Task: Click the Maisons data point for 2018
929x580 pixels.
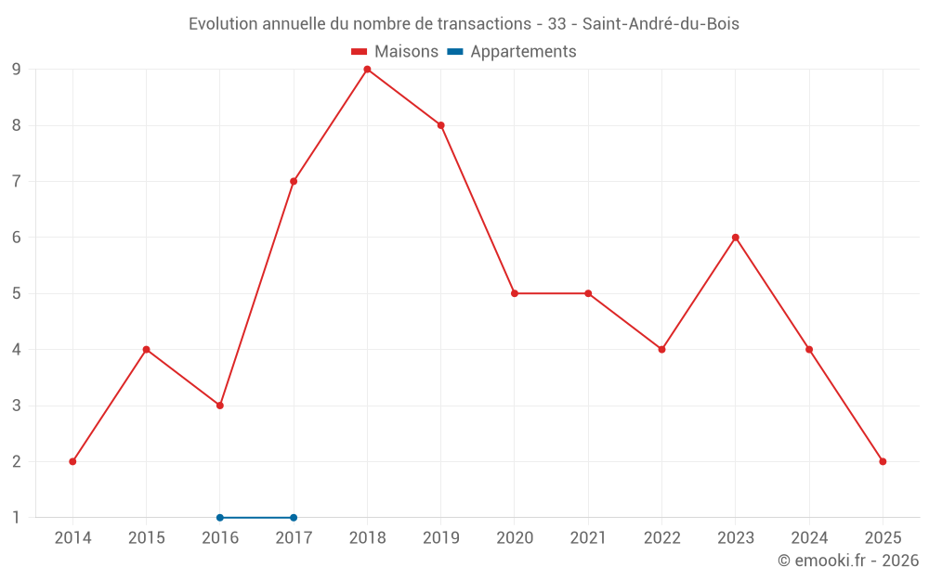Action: pos(367,70)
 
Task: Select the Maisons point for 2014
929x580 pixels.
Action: pos(72,461)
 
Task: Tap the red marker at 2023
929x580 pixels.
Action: pos(735,238)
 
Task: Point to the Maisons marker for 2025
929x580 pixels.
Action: pos(883,461)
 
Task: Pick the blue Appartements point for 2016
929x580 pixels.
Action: pos(220,518)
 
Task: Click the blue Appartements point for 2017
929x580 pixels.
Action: pos(294,518)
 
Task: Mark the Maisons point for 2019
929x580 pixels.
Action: pos(441,125)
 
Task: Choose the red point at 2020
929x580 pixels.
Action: pos(515,293)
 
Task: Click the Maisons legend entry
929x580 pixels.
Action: pos(395,52)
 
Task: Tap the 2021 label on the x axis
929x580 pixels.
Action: pos(588,538)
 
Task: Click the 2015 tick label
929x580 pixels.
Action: pos(147,538)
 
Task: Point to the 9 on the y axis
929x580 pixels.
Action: pos(17,70)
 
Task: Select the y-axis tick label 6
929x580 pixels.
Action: pos(17,238)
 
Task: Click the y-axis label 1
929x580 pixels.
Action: pos(17,518)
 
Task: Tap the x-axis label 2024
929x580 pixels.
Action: pos(809,538)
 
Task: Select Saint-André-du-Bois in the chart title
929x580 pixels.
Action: pos(661,24)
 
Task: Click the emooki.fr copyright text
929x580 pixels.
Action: pos(848,561)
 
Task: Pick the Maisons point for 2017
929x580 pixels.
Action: pos(294,181)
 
